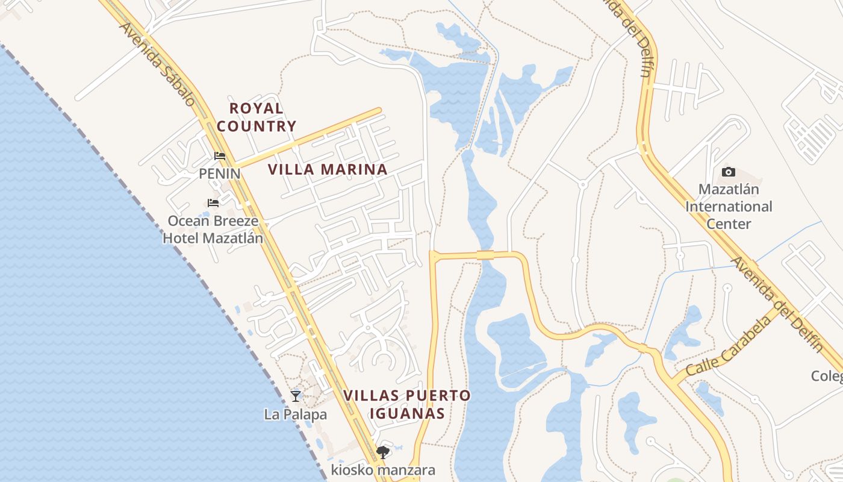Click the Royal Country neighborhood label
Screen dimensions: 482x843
click(257, 117)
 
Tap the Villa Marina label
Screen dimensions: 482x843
click(328, 169)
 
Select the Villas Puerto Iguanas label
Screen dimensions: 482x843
click(407, 404)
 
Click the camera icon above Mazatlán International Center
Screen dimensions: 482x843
click(728, 172)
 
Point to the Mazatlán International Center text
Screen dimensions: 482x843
click(729, 207)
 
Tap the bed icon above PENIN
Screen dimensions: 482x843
click(220, 156)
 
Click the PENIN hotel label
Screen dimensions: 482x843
click(220, 174)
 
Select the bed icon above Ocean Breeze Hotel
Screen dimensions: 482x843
click(213, 203)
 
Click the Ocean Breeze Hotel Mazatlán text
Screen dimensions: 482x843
click(213, 230)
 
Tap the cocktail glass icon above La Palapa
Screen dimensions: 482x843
click(296, 396)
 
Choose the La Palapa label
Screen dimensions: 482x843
click(296, 415)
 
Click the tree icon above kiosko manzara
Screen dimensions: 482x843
click(382, 452)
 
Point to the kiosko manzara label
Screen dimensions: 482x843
click(382, 470)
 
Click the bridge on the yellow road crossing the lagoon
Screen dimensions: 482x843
click(485, 255)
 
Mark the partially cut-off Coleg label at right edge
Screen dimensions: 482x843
click(827, 376)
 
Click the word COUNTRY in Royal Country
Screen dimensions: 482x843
click(257, 127)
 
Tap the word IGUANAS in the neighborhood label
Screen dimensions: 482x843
click(407, 413)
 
